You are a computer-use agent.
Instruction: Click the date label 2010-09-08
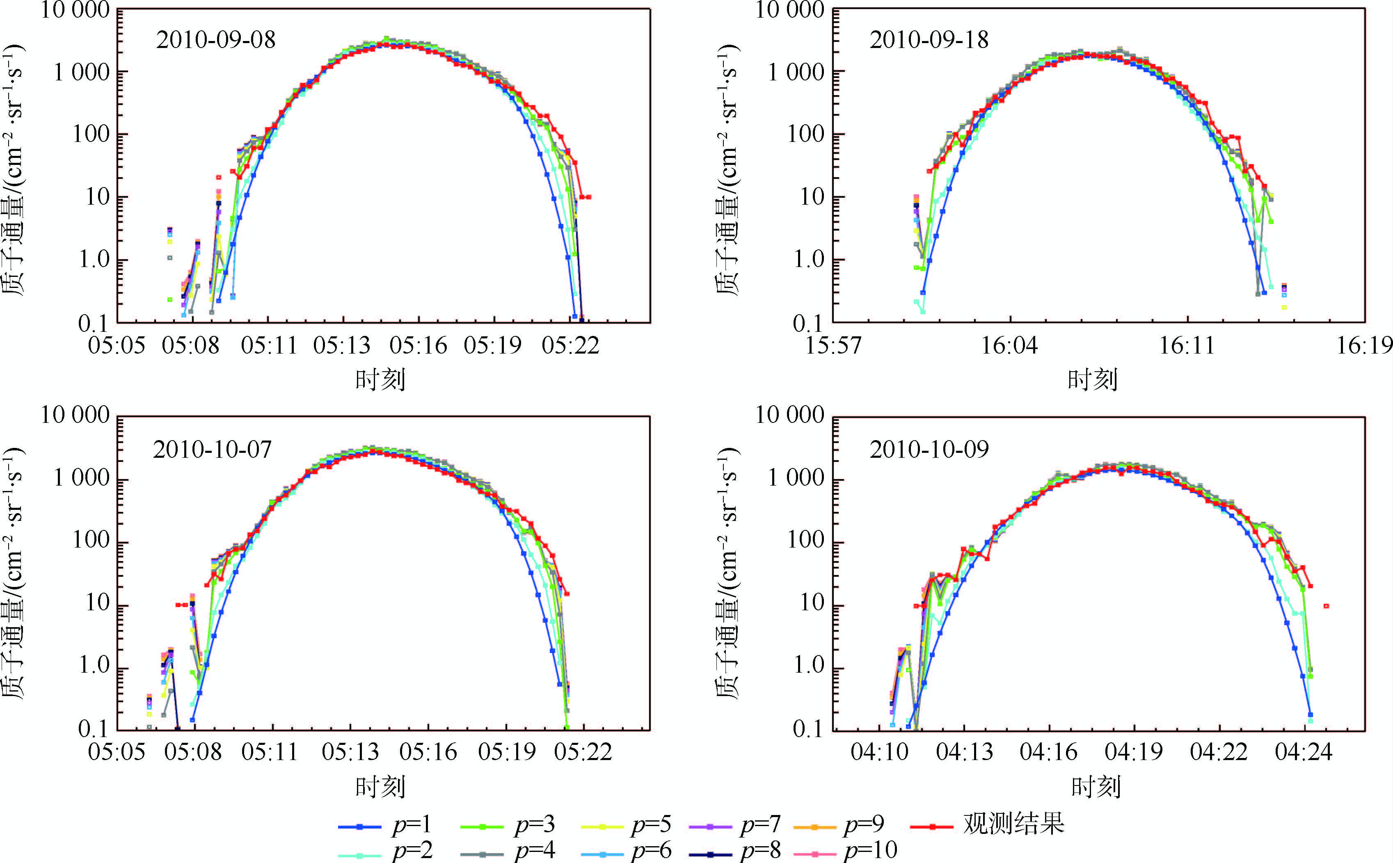(216, 40)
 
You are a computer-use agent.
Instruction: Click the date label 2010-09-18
(929, 40)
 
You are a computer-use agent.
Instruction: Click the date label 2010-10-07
(213, 450)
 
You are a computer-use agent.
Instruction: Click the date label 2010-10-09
(929, 450)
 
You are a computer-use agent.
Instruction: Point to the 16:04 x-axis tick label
(1009, 346)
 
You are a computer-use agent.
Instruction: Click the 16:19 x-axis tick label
(1364, 346)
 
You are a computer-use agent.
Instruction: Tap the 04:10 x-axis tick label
(879, 752)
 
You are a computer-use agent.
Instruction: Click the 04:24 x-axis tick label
(1304, 752)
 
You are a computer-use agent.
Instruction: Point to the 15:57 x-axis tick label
(833, 346)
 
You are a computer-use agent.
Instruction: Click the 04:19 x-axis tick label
(1133, 752)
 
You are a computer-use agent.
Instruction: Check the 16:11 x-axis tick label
(1187, 346)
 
